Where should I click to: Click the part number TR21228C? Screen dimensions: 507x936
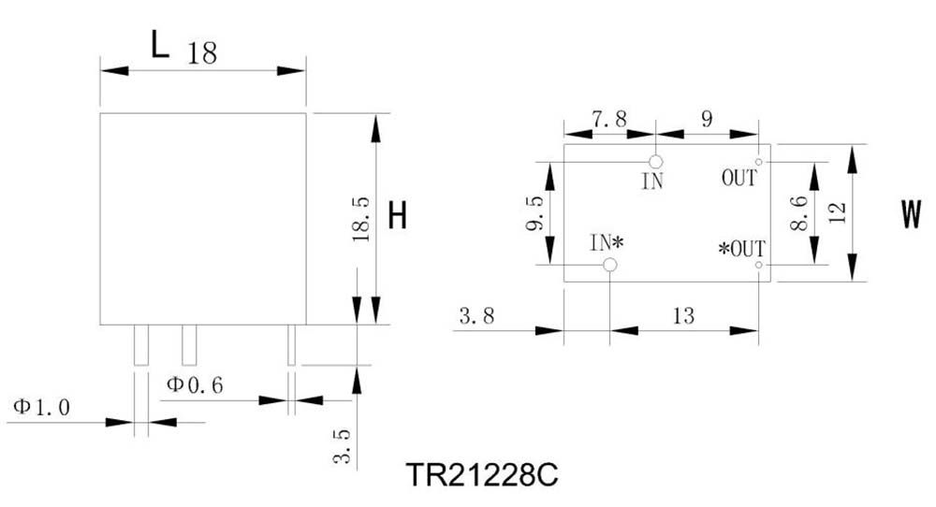click(x=482, y=475)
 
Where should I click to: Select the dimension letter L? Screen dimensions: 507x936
click(x=160, y=45)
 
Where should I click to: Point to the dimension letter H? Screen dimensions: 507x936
click(x=397, y=218)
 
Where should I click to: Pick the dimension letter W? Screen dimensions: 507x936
click(x=911, y=216)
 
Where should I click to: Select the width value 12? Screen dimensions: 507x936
click(x=838, y=212)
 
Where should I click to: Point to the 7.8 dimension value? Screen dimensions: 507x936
click(x=609, y=120)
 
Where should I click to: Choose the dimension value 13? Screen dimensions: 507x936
click(x=683, y=316)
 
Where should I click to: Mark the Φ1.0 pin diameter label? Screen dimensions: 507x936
click(x=41, y=407)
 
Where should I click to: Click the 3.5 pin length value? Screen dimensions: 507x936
click(x=343, y=446)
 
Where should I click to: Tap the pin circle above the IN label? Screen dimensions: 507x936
click(x=656, y=162)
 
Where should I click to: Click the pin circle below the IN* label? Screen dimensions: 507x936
click(x=610, y=266)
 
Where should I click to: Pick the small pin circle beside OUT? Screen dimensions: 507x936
click(x=758, y=162)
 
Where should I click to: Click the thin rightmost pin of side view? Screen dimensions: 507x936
click(x=291, y=345)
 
